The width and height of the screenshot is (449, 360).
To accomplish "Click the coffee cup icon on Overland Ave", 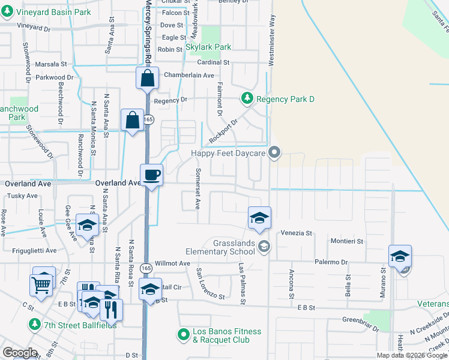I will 151,175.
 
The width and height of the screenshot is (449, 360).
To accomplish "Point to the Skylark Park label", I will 209,47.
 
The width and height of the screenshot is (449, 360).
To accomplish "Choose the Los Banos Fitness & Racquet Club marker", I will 184,333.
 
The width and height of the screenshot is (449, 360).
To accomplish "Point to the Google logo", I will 20,352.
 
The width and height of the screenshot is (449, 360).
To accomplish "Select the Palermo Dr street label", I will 330,262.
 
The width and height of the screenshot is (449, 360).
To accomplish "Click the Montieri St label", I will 347,241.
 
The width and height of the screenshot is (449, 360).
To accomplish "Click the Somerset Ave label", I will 197,188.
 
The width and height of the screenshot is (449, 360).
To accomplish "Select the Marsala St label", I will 50,64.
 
